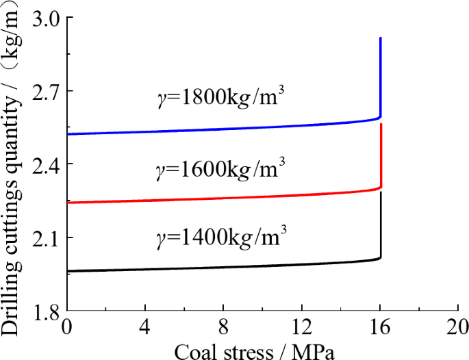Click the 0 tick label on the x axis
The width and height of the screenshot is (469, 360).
click(67, 326)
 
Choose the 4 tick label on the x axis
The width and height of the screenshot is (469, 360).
click(145, 326)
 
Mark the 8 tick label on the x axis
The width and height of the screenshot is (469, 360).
click(224, 326)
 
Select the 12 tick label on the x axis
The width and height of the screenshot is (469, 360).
click(302, 326)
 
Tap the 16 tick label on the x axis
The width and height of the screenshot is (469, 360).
click(380, 326)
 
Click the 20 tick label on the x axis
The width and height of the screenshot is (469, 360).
click(457, 326)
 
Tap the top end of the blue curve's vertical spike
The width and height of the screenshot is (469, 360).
click(380, 38)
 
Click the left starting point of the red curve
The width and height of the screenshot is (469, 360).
click(68, 203)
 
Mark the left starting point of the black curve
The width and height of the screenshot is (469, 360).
click(68, 271)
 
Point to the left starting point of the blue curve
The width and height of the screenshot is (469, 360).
click(68, 134)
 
